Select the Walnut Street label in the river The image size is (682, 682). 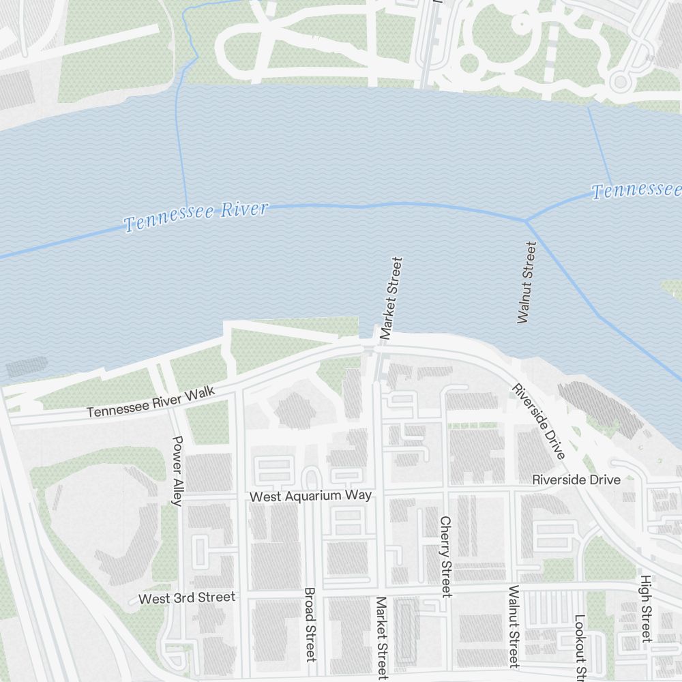coord(526,282)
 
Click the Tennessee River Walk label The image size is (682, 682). coord(151,402)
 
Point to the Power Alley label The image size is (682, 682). coord(177,471)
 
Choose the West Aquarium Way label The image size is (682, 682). coord(310,496)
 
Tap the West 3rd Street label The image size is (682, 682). coord(186,598)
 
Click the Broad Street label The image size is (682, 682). coord(310,624)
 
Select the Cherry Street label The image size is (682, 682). coord(445,556)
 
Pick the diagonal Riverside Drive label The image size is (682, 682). coord(539,421)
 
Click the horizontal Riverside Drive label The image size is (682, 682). coord(576,479)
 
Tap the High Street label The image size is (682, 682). coord(645,608)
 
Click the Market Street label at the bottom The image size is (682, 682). coord(381,638)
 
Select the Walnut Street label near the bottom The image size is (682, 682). coord(514,625)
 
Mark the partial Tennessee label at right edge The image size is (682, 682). coord(636,190)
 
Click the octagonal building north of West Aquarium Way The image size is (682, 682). coord(295,411)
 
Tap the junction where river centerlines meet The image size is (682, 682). coord(525,220)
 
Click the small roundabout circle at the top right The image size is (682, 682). coord(620,83)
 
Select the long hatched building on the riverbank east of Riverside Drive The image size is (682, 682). coord(600,410)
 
